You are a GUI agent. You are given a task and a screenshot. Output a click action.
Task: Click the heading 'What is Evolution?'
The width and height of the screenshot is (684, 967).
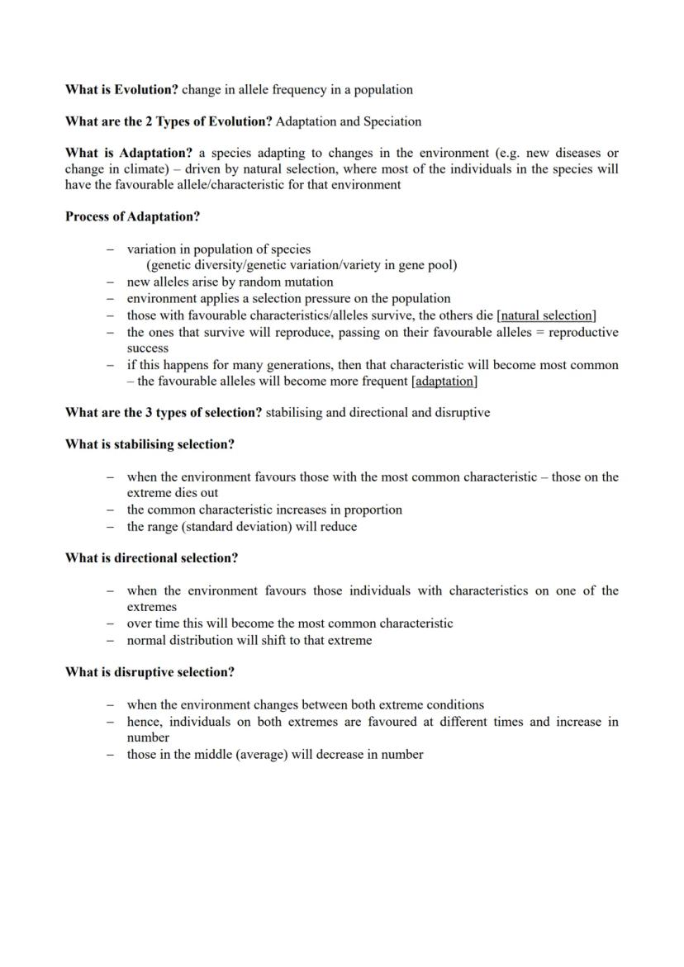(x=121, y=89)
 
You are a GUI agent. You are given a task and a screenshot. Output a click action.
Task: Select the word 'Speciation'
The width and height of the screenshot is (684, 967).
(x=391, y=121)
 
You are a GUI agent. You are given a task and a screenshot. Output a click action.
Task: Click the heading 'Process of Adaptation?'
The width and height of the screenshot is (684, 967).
(x=132, y=217)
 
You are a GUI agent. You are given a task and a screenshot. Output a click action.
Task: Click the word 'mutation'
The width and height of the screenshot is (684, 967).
(x=308, y=282)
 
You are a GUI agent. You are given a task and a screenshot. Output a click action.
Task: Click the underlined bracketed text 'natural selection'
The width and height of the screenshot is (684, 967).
(x=547, y=315)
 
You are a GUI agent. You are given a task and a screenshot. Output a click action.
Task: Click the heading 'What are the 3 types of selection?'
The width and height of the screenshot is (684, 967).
(x=164, y=412)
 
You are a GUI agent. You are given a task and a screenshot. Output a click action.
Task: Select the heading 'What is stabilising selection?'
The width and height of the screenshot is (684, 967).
(x=150, y=444)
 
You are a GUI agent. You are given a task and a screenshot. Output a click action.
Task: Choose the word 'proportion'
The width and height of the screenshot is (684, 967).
(x=373, y=510)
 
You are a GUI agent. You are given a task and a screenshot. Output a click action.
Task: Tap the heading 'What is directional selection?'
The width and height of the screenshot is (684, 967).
(x=151, y=558)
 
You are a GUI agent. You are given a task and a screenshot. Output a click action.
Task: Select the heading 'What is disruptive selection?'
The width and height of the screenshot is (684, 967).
(x=150, y=672)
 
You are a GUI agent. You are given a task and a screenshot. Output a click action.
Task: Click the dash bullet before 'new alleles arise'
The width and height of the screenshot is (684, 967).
(x=110, y=282)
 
